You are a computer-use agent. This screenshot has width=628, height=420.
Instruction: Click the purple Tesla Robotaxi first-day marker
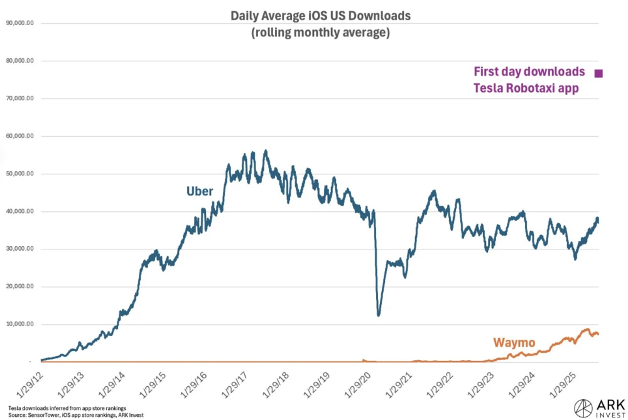tap(598, 73)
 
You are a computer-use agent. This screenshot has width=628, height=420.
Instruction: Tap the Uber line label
tap(200, 191)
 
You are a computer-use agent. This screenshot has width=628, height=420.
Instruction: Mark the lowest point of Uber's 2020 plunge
tap(378, 315)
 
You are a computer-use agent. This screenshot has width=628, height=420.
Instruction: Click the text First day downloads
tap(529, 71)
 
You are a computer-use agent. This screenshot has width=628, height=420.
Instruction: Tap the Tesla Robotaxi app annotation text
tap(525, 88)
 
